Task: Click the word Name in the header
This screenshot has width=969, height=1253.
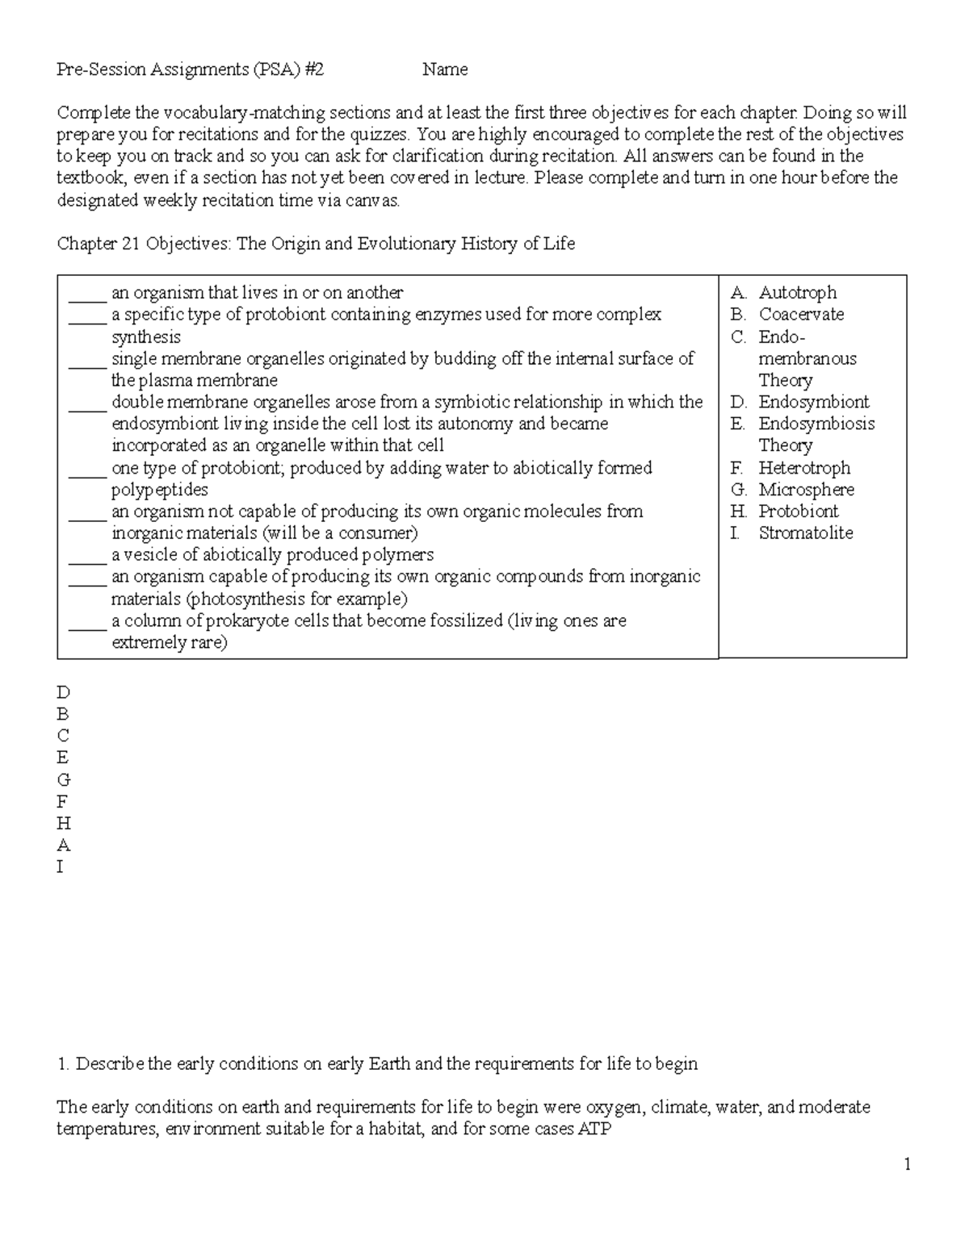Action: click(x=445, y=69)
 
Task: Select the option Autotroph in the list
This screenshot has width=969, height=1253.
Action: click(x=797, y=293)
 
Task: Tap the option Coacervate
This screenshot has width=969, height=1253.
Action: click(x=801, y=315)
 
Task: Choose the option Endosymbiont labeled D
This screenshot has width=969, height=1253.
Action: click(x=813, y=402)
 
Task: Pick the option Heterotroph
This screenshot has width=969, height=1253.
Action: click(x=804, y=468)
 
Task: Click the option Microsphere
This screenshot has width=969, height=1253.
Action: click(x=806, y=490)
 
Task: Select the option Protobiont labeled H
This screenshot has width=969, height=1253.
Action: click(x=798, y=512)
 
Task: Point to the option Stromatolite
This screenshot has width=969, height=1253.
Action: click(x=805, y=533)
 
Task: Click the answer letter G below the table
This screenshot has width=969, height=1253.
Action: click(x=64, y=780)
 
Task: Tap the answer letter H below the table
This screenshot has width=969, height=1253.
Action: click(x=64, y=824)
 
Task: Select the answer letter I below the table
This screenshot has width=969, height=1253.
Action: click(x=60, y=867)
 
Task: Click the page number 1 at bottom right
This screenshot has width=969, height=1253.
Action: click(x=908, y=1163)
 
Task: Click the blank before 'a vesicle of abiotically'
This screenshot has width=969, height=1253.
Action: click(x=87, y=555)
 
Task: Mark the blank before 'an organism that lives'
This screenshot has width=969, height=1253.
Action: click(x=87, y=293)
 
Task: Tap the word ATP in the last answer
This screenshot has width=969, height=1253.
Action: click(x=594, y=1129)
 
